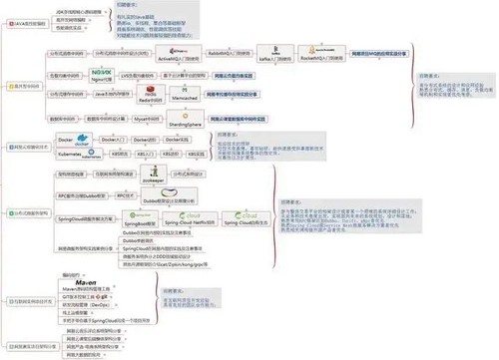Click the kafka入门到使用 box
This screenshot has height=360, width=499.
pyautogui.click(x=280, y=60)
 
